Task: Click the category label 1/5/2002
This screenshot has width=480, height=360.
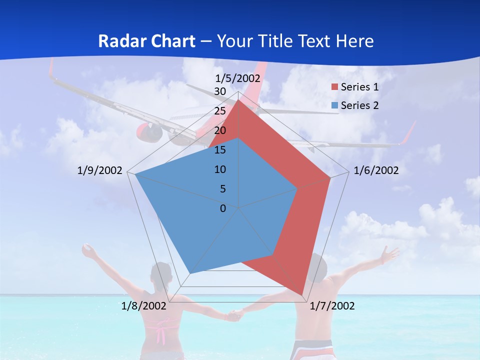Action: click(238, 78)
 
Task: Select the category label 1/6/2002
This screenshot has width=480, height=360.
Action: click(376, 170)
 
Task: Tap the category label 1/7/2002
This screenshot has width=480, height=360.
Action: click(332, 306)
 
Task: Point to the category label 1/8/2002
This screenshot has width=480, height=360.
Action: click(144, 306)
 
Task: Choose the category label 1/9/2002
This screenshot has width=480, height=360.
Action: click(100, 170)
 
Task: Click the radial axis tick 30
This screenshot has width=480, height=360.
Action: click(220, 91)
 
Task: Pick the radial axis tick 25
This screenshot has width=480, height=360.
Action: click(220, 111)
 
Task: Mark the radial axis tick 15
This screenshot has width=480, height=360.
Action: click(220, 150)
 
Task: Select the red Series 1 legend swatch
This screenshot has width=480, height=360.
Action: click(335, 87)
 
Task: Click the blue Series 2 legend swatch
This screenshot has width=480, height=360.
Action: click(335, 105)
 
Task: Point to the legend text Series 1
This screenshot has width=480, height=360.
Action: click(359, 87)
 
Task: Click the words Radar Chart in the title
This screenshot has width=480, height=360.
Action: click(146, 41)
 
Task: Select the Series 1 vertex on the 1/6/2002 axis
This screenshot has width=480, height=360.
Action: click(330, 177)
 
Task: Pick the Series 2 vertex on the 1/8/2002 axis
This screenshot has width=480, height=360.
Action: click(190, 273)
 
